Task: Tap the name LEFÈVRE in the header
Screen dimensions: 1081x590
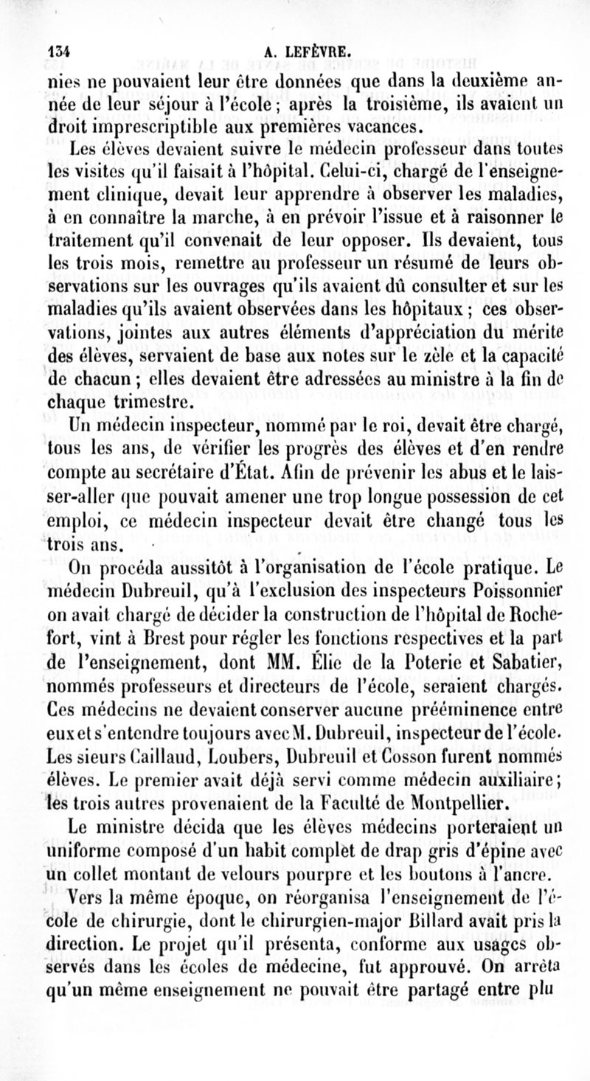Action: coord(320,52)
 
